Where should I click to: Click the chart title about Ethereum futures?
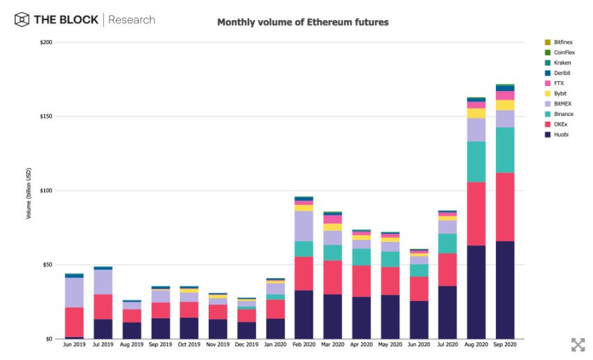click(x=303, y=22)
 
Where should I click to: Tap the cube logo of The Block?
click(x=22, y=19)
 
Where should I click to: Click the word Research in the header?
click(x=132, y=19)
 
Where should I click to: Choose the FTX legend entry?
click(x=558, y=83)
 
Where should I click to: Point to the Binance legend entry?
click(x=562, y=114)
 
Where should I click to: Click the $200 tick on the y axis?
click(x=46, y=42)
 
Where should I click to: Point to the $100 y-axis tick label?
click(x=46, y=191)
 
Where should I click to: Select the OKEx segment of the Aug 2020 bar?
click(x=476, y=214)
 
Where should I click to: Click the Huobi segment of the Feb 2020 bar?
click(x=304, y=314)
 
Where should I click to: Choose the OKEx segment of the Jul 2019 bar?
click(x=103, y=307)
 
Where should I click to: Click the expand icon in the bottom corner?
click(x=578, y=345)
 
